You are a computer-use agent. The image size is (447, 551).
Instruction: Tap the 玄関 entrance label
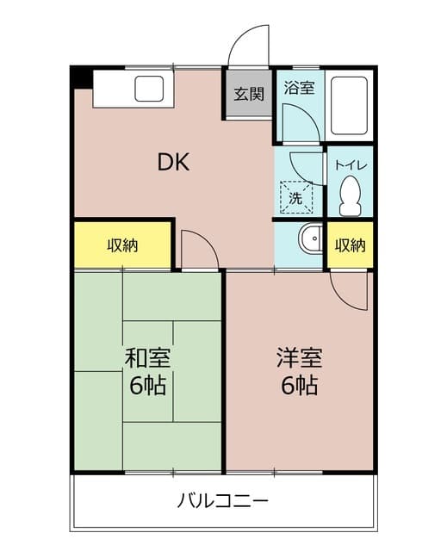250,94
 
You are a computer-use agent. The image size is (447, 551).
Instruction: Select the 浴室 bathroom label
300,88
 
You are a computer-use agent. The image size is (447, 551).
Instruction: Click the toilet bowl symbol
350,197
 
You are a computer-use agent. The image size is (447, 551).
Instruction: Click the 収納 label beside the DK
122,245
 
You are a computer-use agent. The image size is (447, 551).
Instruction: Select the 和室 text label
147,358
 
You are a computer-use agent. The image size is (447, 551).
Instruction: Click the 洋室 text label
298,358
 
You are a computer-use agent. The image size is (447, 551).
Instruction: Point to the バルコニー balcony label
224,500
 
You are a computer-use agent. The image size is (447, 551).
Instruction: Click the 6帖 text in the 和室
147,385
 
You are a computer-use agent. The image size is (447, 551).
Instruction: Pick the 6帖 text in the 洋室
298,385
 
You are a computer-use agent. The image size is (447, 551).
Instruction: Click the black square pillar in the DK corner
81,77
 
